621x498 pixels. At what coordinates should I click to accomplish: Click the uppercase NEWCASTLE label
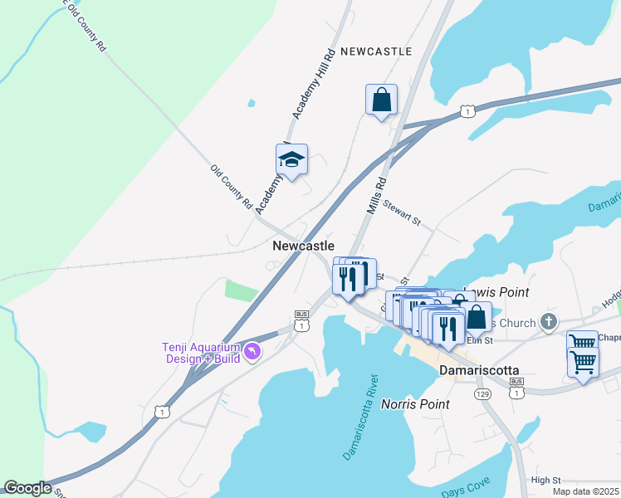[375, 51]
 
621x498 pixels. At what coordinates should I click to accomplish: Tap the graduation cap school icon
[291, 159]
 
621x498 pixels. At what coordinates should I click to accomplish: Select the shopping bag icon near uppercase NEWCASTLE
[381, 100]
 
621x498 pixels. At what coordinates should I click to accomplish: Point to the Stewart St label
[402, 214]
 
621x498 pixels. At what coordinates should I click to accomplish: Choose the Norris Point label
[415, 404]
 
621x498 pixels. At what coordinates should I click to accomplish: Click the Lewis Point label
[496, 292]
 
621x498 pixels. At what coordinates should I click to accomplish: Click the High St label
[546, 480]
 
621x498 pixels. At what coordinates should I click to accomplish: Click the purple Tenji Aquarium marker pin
[253, 353]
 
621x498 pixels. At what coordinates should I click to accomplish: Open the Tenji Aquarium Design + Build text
[200, 353]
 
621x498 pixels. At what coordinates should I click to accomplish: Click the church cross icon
[548, 321]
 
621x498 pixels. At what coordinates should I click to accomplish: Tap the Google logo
[27, 488]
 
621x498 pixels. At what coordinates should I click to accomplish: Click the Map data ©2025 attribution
[585, 491]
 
